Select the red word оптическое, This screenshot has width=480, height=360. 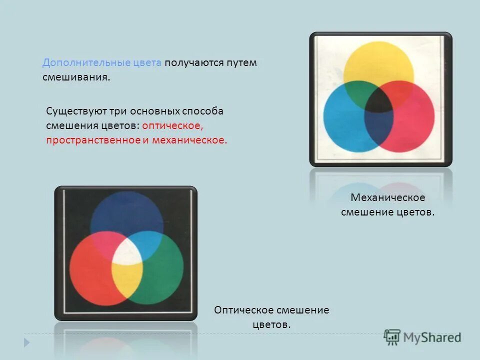pyautogui.click(x=171, y=125)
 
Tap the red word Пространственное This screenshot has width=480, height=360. pyautogui.click(x=93, y=140)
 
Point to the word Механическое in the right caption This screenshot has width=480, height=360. pyautogui.click(x=387, y=197)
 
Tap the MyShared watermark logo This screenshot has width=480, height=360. pyautogui.click(x=422, y=337)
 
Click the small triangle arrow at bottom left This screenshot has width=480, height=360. pyautogui.click(x=27, y=342)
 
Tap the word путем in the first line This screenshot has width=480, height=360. pyautogui.click(x=242, y=63)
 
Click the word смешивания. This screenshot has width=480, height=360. pyautogui.click(x=75, y=78)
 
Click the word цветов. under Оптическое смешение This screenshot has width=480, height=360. pyautogui.click(x=271, y=324)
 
